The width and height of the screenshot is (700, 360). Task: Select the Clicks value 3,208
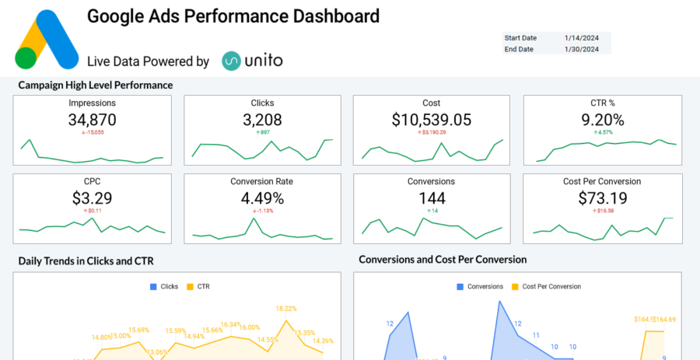click(x=262, y=120)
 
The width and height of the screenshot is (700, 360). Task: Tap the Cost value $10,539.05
click(x=432, y=120)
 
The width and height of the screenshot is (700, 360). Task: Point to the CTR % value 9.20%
click(x=602, y=120)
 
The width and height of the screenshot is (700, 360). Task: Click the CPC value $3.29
click(x=93, y=198)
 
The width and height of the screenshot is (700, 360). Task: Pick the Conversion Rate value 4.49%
click(x=262, y=198)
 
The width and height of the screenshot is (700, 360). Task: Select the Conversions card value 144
click(x=432, y=198)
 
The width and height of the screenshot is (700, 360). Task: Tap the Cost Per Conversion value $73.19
click(x=602, y=198)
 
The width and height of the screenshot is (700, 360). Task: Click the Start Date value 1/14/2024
click(x=582, y=37)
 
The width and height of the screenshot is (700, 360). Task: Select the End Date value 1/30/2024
click(x=582, y=49)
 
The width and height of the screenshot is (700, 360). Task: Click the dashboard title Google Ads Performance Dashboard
click(x=233, y=16)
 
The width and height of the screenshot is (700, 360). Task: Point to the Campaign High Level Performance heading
click(x=95, y=85)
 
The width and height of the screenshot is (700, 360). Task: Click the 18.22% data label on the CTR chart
click(x=286, y=309)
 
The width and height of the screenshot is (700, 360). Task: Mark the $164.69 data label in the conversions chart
click(x=665, y=320)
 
